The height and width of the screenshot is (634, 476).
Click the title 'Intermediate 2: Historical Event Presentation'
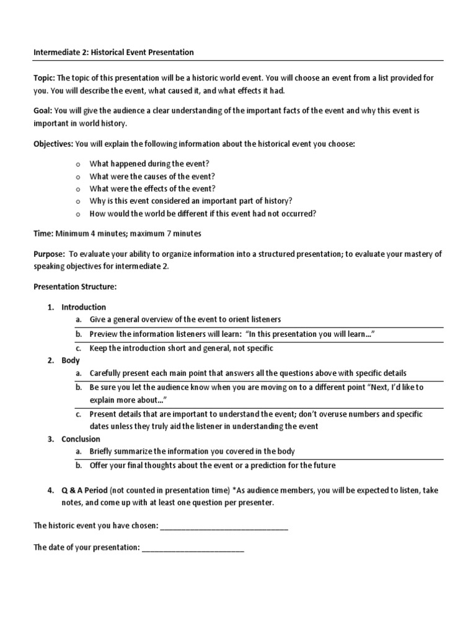[x=113, y=53]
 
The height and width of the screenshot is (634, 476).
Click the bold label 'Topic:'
[x=44, y=78]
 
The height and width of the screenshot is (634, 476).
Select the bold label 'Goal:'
[x=43, y=111]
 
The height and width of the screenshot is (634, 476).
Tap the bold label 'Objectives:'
[x=53, y=145]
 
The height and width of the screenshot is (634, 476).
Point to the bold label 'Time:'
[x=43, y=233]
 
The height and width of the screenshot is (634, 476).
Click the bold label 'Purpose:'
[x=48, y=254]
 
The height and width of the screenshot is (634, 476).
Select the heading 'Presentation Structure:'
[x=74, y=287]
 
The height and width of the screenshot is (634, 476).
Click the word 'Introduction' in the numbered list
[x=84, y=307]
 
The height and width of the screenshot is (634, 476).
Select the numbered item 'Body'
[x=71, y=360]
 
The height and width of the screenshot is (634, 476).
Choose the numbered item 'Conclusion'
[x=81, y=439]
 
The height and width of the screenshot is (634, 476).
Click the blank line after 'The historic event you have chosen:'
[x=224, y=527]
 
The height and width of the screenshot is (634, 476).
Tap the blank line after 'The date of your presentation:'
[x=193, y=548]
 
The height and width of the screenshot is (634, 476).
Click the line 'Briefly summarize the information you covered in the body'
[x=193, y=452]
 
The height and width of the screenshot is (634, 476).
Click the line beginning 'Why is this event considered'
[x=191, y=201]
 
